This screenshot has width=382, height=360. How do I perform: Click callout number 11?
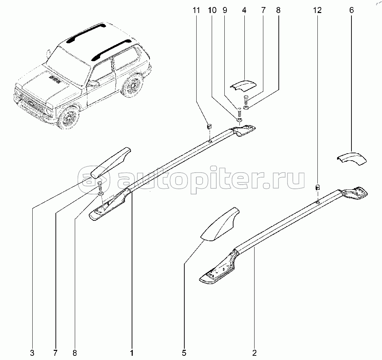click(196, 11)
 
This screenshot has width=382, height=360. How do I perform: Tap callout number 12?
click(317, 11)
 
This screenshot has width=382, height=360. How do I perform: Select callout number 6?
click(351, 11)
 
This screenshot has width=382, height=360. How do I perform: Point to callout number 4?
click(244, 11)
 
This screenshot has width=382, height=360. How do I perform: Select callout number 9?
click(225, 11)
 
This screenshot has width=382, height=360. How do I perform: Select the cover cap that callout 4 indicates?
click(243, 85)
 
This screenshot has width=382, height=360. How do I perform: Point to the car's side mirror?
click(94, 83)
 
